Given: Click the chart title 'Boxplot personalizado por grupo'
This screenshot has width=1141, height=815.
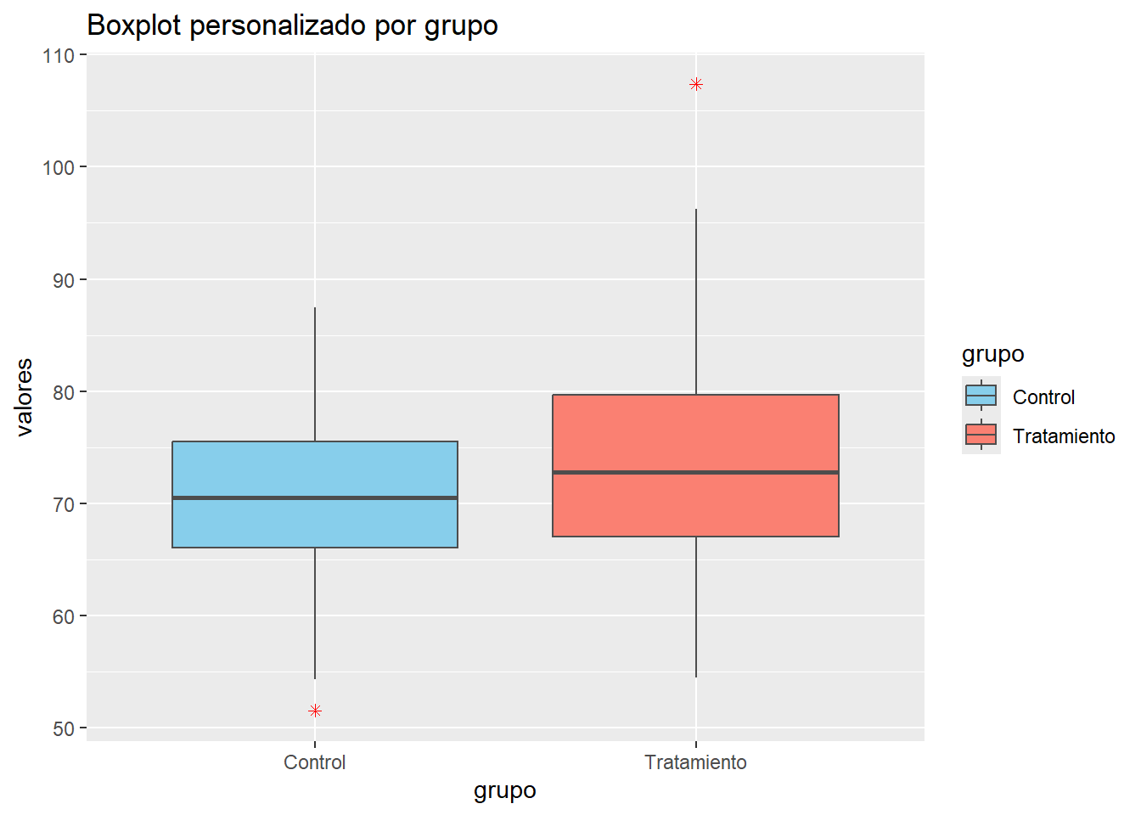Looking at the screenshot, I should [x=292, y=25].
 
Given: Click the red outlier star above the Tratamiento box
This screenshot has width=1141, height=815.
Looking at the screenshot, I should [x=696, y=84].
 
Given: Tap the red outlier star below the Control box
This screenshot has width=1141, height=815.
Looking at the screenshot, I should [x=315, y=711].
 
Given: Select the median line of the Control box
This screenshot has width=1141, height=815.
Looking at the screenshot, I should [x=315, y=497].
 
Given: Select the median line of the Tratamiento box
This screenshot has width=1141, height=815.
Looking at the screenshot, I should [x=695, y=472].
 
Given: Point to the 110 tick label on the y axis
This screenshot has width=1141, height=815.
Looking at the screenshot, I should [x=59, y=56].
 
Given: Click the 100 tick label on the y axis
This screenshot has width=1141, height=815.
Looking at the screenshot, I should [x=59, y=168].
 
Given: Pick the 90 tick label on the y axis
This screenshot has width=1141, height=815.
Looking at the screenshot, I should [x=64, y=280].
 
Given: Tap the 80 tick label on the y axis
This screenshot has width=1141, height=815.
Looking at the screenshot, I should [x=64, y=392].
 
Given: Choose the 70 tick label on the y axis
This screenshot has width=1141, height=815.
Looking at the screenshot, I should [x=64, y=504].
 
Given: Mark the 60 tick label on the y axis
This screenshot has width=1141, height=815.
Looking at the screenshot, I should [x=64, y=617].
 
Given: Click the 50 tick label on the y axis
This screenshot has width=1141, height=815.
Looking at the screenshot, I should [x=64, y=729].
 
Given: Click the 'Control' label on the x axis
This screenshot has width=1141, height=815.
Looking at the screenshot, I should [x=315, y=762].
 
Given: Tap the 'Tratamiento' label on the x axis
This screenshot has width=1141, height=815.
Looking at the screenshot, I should [x=695, y=762].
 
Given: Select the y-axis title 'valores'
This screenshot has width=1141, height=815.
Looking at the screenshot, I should [x=25, y=397].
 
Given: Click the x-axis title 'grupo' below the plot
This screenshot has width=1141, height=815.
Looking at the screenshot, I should [x=505, y=790].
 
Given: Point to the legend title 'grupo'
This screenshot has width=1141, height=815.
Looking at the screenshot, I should [x=992, y=354].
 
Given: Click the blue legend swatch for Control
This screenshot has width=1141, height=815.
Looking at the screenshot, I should [x=981, y=396].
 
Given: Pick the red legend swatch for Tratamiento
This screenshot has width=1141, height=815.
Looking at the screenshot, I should [x=981, y=435].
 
